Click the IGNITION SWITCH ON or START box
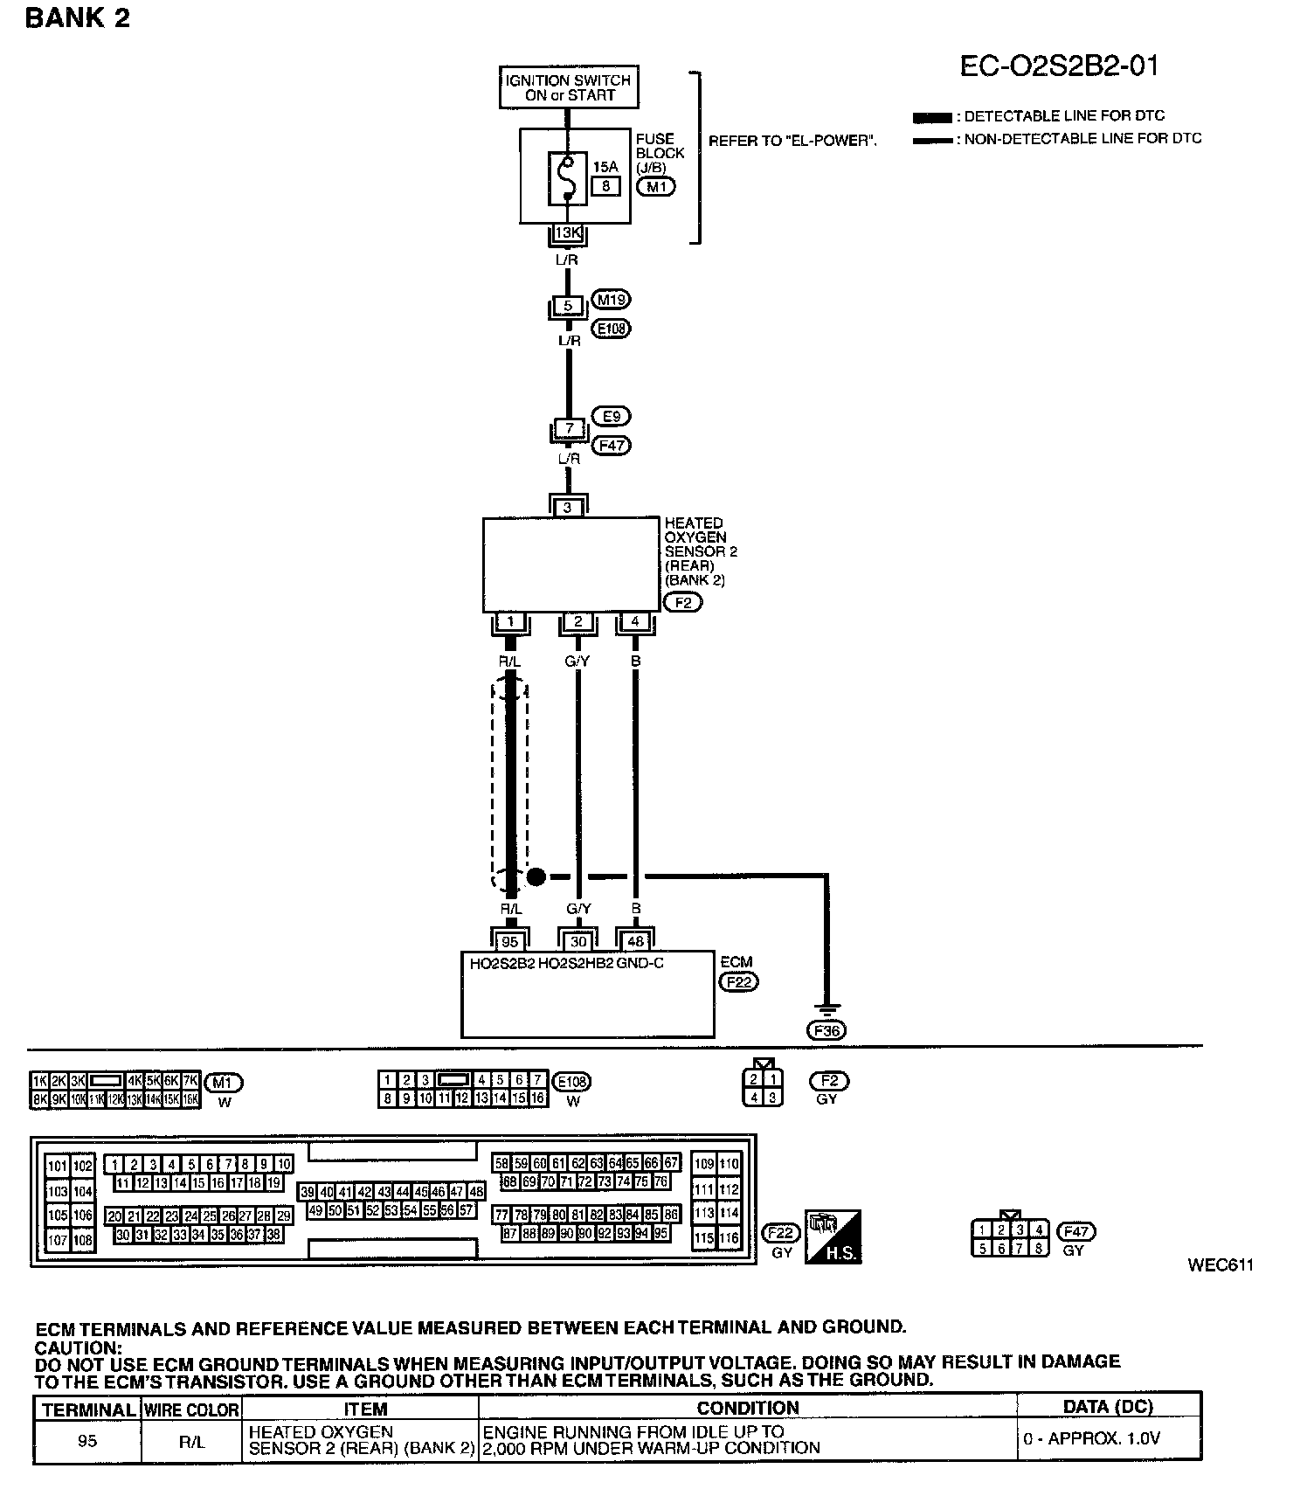pos(569,87)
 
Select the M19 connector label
pos(611,300)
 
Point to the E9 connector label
pos(611,416)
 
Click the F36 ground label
pos(826,1030)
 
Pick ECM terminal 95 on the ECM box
pos(510,941)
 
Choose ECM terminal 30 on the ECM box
pos(578,941)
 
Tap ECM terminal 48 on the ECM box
pos(636,941)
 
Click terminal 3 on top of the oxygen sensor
pos(568,507)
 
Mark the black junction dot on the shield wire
pos(536,876)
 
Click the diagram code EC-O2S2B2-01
pos(1058,66)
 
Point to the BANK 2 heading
pos(78,18)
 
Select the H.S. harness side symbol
pos(833,1236)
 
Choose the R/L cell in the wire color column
pos(191,1441)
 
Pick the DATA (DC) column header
pos(1108,1407)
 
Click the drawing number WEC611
pos(1221,1265)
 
